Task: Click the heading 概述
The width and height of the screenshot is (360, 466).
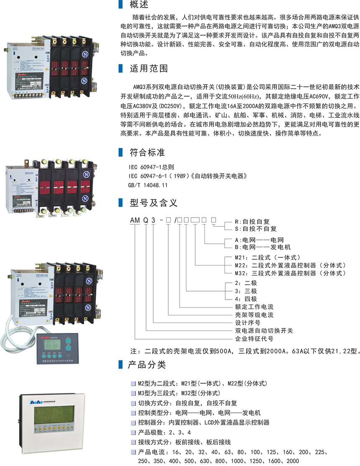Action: (139, 5)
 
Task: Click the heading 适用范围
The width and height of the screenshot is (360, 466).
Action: (148, 68)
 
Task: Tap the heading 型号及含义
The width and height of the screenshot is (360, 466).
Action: (154, 203)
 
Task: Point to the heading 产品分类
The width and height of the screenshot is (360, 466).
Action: (148, 365)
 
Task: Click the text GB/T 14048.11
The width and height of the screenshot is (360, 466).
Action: (148, 184)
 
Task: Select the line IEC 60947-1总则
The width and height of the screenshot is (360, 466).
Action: (151, 168)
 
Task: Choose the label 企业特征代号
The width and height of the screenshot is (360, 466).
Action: (253, 338)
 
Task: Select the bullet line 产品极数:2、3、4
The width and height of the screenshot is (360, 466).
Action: (161, 432)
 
